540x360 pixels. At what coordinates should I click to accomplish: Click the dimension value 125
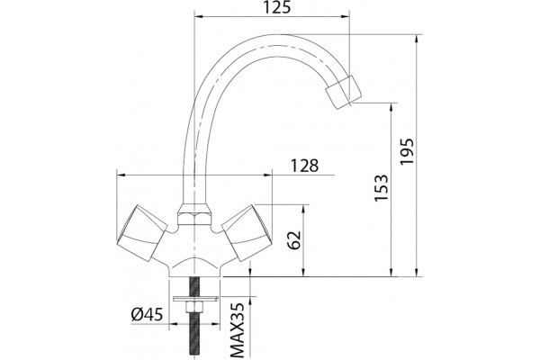(277, 7)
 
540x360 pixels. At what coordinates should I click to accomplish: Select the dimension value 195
(407, 151)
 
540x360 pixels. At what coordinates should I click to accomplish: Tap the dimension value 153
(382, 188)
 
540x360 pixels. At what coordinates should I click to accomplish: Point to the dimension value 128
(305, 166)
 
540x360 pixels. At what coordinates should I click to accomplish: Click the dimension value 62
(294, 239)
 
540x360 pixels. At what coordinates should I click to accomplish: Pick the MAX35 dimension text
(237, 329)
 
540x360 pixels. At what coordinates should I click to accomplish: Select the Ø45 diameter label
(147, 314)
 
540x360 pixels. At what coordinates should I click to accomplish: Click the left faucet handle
(141, 232)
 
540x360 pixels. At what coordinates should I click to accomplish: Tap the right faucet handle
(247, 232)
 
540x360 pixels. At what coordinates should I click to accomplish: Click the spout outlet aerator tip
(344, 92)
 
